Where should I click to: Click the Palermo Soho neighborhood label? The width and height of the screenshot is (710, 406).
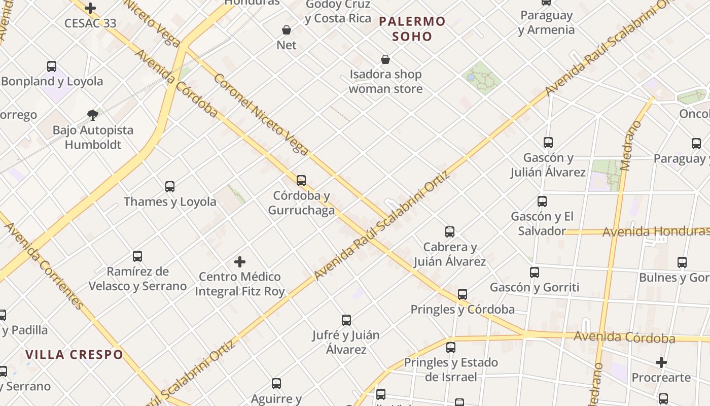pos(412,29)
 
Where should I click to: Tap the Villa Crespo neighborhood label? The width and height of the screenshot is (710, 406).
pos(75,354)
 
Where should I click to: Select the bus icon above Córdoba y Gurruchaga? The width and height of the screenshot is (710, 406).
pos(301,180)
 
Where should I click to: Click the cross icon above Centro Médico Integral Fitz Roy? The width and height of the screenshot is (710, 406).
pos(240,262)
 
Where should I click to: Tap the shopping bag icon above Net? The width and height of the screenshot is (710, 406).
pos(287,30)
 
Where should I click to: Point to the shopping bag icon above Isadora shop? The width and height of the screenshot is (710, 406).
pos(385,59)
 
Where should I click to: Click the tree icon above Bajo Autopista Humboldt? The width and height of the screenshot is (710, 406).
pos(92,115)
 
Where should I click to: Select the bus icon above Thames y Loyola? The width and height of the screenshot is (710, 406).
pos(170,187)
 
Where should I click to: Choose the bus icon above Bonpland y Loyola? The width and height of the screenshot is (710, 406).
pos(52,66)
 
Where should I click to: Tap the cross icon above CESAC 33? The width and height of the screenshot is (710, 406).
pos(90,8)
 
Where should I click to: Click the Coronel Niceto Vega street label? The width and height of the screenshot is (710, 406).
pos(261,114)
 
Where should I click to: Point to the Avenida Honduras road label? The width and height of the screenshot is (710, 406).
pos(655,232)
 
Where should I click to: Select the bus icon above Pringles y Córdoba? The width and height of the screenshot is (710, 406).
pos(463,294)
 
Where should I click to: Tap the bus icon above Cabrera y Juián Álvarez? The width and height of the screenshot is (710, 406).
pos(450,232)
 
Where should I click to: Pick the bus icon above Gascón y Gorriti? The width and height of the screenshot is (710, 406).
pos(535,273)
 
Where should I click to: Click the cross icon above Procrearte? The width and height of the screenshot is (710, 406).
pos(661,362)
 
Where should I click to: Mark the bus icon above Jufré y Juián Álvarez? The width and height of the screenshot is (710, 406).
pos(346,320)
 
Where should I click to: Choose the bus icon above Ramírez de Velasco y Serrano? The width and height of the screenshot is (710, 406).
pos(137,256)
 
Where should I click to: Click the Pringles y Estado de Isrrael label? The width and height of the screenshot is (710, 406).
pos(451,369)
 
